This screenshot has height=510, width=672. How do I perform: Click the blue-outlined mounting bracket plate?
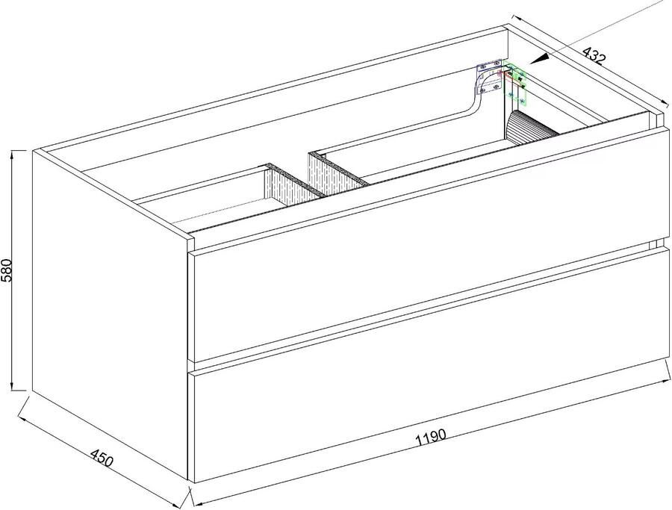click(x=490, y=78)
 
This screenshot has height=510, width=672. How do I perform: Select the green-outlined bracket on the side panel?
click(x=517, y=84)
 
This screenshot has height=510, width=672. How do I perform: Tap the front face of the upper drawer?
click(x=426, y=299)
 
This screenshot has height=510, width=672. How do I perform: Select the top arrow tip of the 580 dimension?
click(x=14, y=152)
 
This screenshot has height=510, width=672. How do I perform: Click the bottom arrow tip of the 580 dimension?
click(x=14, y=390)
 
